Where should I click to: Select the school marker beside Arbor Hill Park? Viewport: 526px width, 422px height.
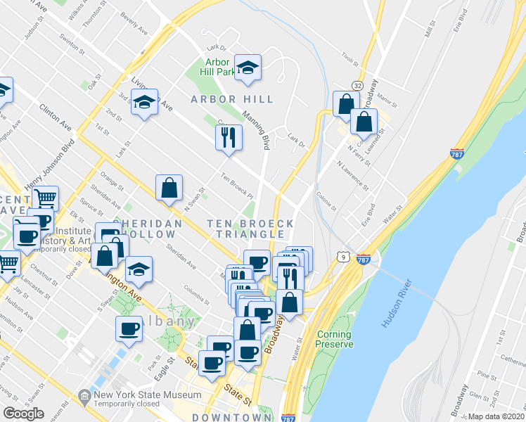pyautogui.click(x=248, y=68)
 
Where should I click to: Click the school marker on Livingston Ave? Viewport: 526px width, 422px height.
pyautogui.click(x=144, y=103)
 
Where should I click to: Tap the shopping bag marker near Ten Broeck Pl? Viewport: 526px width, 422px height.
pyautogui.click(x=169, y=188)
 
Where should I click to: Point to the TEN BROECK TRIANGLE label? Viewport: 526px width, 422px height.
pyautogui.click(x=250, y=229)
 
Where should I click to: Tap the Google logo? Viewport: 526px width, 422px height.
pyautogui.click(x=23, y=413)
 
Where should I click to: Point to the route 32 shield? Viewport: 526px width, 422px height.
pyautogui.click(x=358, y=85)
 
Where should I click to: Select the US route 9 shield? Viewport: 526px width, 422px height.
pyautogui.click(x=342, y=257)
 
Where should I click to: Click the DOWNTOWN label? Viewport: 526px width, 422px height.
pyautogui.click(x=231, y=417)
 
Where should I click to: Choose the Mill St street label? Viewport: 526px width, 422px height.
pyautogui.click(x=430, y=29)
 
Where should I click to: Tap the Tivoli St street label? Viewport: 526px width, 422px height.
pyautogui.click(x=349, y=58)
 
